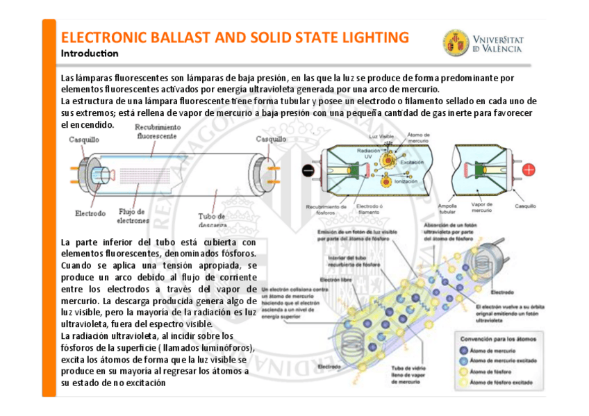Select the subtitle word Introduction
click(x=90, y=53)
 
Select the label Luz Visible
click(x=381, y=136)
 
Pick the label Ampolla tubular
click(x=447, y=208)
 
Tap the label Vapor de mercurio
click(x=481, y=208)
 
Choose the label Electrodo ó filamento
click(x=369, y=208)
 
